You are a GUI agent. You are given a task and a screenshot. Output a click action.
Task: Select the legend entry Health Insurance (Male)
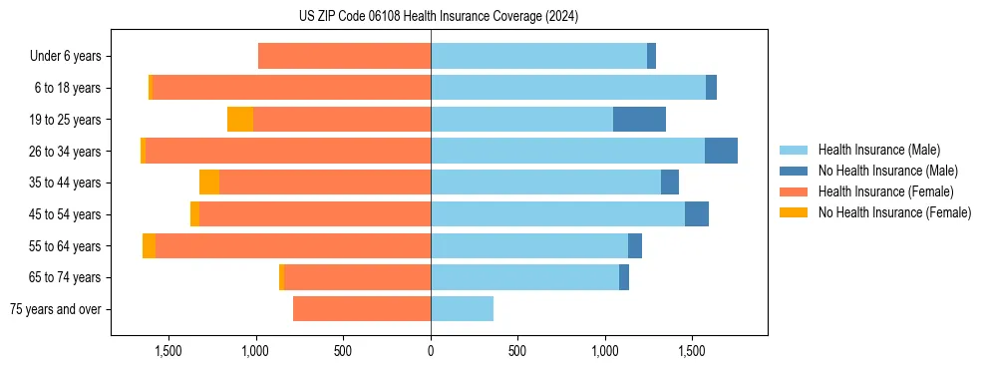point(878,150)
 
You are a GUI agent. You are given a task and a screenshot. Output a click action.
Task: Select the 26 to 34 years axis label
point(66,152)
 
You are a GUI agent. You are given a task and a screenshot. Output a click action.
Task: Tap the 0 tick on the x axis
point(431,351)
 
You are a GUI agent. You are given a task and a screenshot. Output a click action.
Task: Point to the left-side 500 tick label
point(343,351)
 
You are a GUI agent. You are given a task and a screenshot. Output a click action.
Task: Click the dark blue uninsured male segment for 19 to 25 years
point(639,120)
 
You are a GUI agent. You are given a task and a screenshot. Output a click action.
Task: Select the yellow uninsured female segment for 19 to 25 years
point(240,120)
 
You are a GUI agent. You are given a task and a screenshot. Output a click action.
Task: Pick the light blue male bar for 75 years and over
point(462,309)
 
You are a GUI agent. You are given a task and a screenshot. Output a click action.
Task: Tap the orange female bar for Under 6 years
point(344,56)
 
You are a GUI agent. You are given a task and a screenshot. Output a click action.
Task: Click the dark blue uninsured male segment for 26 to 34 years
point(721,151)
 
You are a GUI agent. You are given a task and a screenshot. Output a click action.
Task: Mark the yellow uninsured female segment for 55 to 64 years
point(149,246)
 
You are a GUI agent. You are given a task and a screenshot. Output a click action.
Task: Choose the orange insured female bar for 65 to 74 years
point(357,277)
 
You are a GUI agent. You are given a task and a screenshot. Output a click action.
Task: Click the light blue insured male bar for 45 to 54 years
point(557,214)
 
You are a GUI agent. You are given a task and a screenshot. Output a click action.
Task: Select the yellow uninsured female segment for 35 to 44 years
point(209,183)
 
